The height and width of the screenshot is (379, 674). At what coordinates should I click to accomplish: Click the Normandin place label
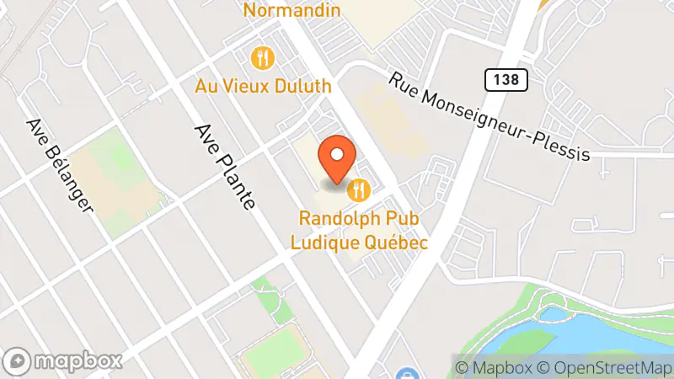pos(292,11)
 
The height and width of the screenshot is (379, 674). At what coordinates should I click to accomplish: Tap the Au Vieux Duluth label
pos(263,86)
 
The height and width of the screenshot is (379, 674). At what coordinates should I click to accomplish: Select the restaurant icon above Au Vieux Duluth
pos(263,58)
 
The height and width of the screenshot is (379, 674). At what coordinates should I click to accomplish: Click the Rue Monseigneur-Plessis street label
pos(489,116)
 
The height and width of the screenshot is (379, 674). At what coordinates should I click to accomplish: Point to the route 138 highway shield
pos(505,80)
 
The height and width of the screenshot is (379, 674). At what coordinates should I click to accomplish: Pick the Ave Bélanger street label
pos(59,164)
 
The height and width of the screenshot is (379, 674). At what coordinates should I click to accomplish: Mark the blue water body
pos(607,333)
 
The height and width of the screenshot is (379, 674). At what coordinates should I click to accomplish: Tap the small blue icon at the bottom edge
pos(406,374)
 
